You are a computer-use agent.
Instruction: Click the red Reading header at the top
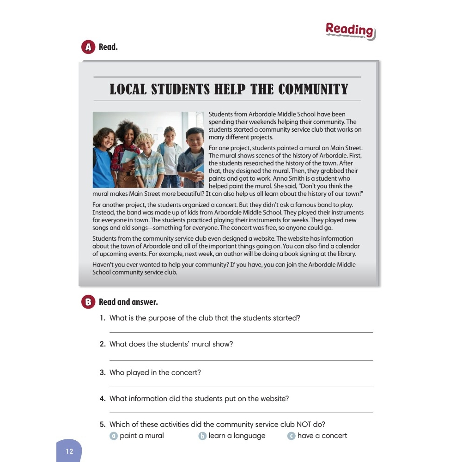click(x=350, y=30)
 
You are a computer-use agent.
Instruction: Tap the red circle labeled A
click(x=87, y=47)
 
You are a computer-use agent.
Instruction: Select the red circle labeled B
click(x=87, y=302)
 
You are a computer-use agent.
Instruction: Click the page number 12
click(x=69, y=451)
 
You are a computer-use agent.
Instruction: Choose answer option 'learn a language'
click(x=237, y=436)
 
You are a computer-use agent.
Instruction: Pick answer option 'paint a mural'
click(x=141, y=436)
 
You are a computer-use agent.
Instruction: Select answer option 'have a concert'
click(x=322, y=436)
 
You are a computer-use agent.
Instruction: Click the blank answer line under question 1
click(x=241, y=331)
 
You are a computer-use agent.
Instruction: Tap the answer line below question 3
click(x=241, y=386)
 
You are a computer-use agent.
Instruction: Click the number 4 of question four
click(x=103, y=399)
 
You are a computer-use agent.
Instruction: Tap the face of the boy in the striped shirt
click(x=145, y=143)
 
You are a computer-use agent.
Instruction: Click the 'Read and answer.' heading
click(x=128, y=302)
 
